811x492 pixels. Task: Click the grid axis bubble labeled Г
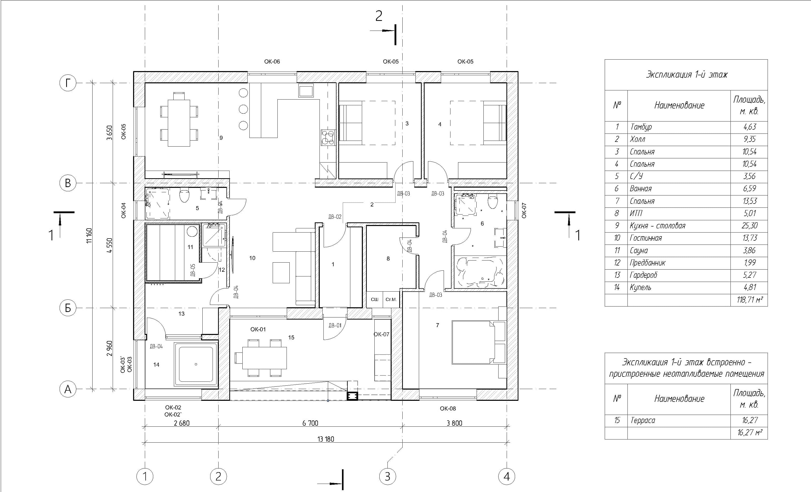coord(68,83)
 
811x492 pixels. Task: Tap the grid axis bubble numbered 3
coord(387,476)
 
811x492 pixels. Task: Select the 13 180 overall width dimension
coord(326,439)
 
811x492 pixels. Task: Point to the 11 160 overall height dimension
coord(89,236)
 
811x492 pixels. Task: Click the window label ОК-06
coord(272,61)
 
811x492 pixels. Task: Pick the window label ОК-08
coord(448,408)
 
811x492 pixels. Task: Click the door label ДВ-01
coord(335,326)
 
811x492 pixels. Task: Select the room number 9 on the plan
coord(221,138)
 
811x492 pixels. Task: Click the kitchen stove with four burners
coord(328,137)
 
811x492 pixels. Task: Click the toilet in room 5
coord(185,196)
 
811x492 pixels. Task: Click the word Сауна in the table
coord(639,251)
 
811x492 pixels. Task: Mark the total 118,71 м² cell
coord(750,300)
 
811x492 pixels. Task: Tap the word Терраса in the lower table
coord(642,420)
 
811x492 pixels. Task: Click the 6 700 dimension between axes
coord(310,423)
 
